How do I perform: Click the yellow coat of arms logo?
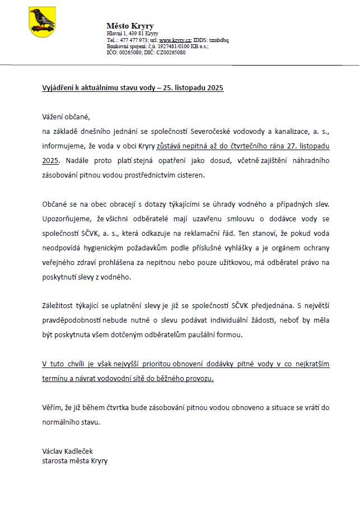pyautogui.click(x=42, y=22)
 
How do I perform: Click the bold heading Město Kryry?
pyautogui.click(x=130, y=26)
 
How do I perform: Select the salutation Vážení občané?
pyautogui.click(x=66, y=117)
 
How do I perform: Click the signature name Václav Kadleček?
pyautogui.click(x=68, y=452)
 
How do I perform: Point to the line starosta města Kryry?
pyautogui.click(x=74, y=461)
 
